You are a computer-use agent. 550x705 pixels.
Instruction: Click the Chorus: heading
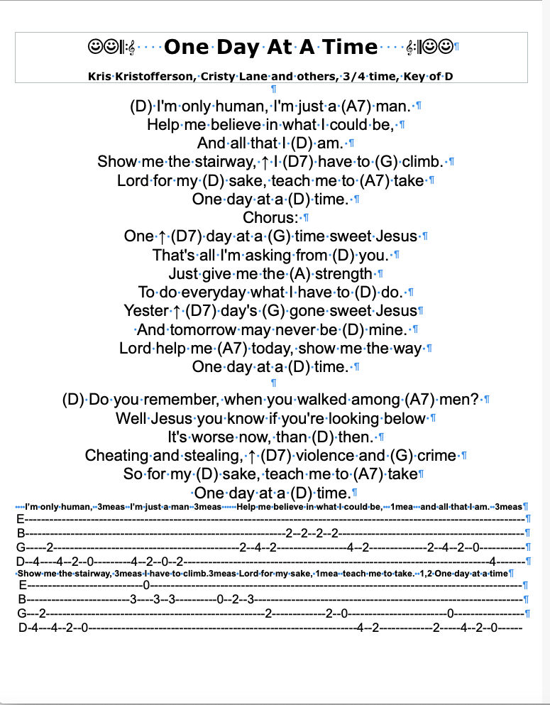(x=270, y=217)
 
